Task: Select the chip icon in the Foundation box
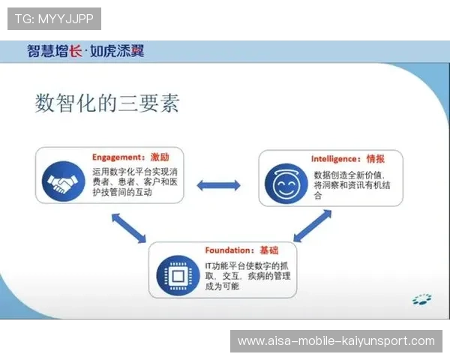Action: pos(178,276)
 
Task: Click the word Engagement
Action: pos(116,158)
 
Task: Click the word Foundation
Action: pos(229,250)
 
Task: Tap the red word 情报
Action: pos(376,159)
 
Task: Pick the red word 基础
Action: pos(268,250)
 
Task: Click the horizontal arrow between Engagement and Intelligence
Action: pos(218,185)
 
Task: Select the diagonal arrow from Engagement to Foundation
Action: pos(128,227)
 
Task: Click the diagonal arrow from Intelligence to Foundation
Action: pos(311,225)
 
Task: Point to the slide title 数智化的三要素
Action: pos(107,103)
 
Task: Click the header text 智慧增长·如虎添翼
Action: pos(85,51)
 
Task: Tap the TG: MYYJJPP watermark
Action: pos(54,18)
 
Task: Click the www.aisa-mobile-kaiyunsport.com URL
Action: pos(336,341)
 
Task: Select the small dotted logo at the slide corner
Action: pos(421,300)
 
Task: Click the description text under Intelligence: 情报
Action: pos(348,184)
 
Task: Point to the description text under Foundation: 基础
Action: pos(247,276)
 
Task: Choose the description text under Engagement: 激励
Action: pos(135,182)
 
